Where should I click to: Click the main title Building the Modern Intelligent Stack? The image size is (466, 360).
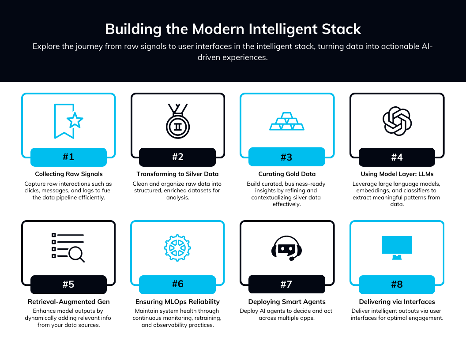(x=233, y=29)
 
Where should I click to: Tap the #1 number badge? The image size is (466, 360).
(x=68, y=157)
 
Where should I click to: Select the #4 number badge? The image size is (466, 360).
(x=397, y=157)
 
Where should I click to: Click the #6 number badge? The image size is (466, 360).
(x=177, y=284)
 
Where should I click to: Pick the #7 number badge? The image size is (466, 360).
(x=286, y=284)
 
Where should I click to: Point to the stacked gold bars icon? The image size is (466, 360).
(x=287, y=121)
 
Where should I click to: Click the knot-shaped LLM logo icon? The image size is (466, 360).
(x=397, y=121)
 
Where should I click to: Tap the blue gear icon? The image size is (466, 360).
(x=177, y=248)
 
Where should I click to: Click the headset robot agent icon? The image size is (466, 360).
(x=286, y=247)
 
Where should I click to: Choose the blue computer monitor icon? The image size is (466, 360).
(x=397, y=247)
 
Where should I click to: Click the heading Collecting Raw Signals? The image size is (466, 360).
(x=68, y=174)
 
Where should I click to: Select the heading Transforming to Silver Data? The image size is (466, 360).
(x=177, y=174)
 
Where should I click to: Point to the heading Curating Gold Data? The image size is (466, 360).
(x=287, y=174)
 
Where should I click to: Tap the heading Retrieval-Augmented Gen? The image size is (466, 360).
(x=68, y=302)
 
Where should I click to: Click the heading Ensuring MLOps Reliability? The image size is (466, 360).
(x=177, y=302)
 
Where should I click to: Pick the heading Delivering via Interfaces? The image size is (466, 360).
(x=397, y=302)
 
